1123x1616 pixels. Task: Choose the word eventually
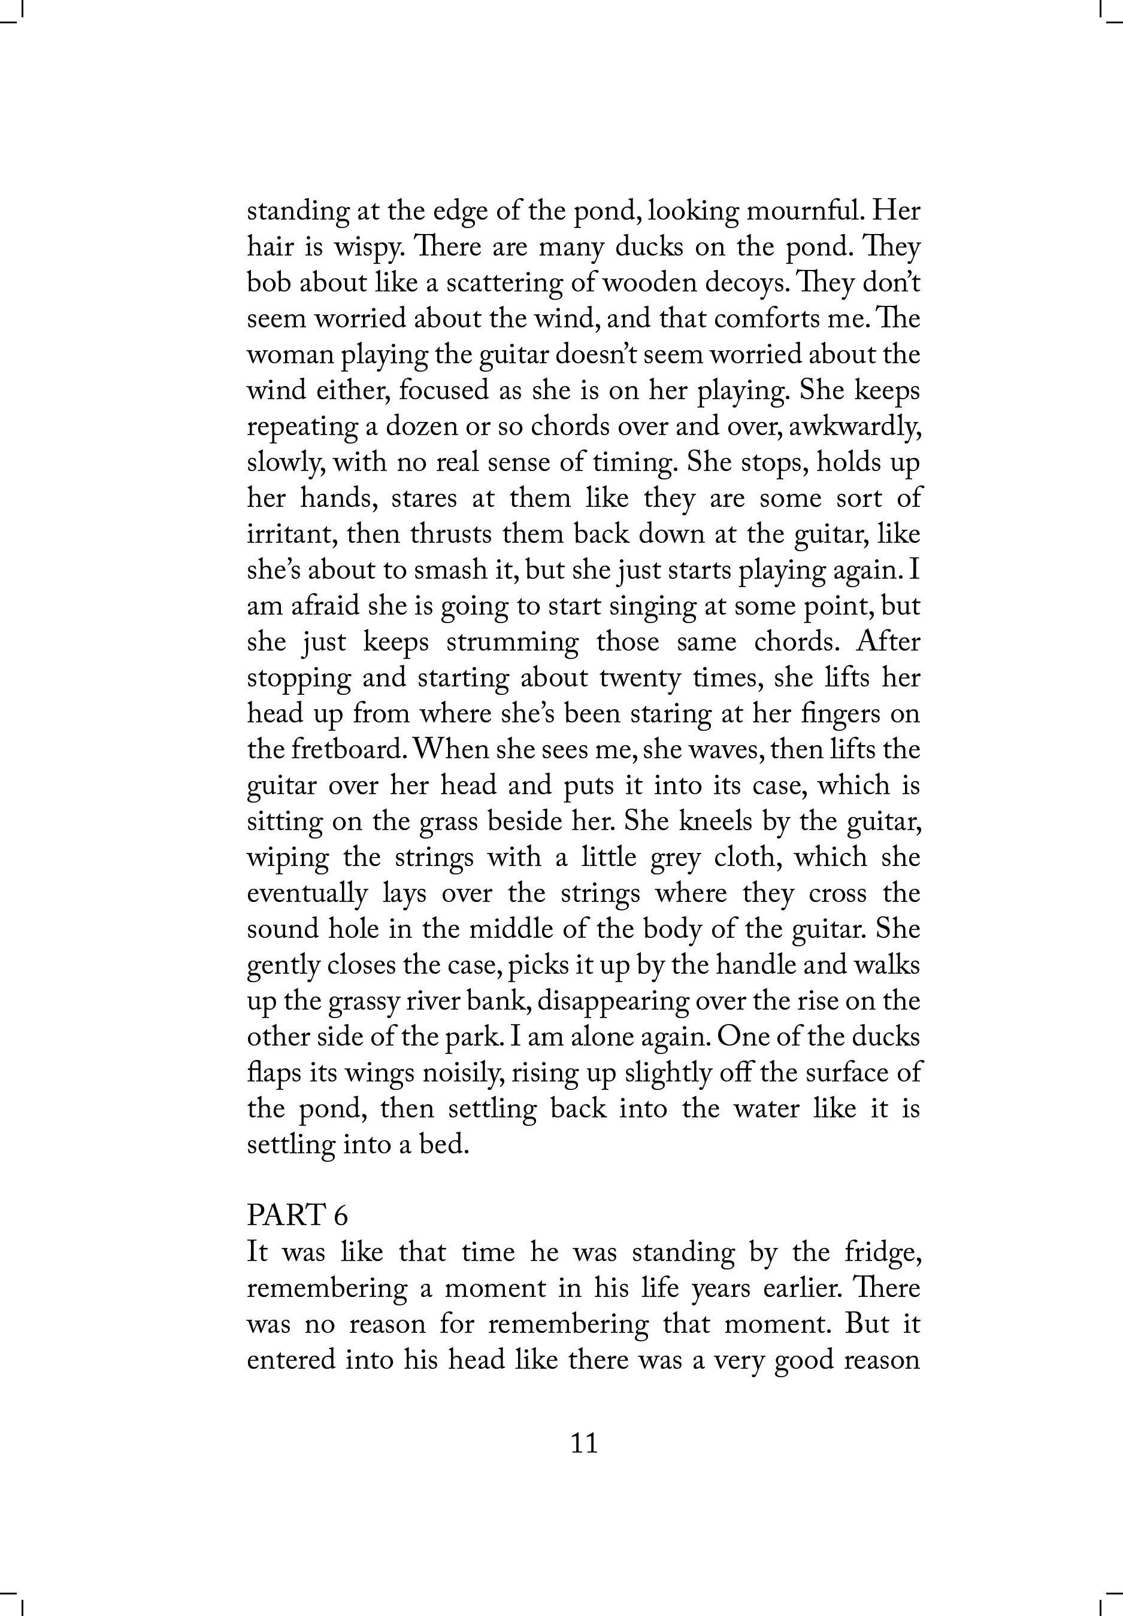(x=307, y=894)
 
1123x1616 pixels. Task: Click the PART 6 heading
(x=298, y=1215)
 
